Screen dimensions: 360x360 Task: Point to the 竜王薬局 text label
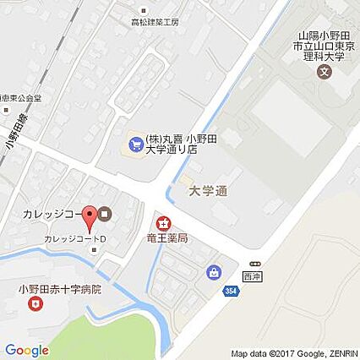tap(165, 239)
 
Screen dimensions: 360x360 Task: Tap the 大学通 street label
tap(207, 191)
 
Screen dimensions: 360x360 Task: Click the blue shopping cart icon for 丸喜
tap(134, 142)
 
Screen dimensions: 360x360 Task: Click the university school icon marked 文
tap(325, 71)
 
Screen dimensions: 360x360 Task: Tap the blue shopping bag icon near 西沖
tap(212, 272)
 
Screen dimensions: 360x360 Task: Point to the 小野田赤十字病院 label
tap(60, 288)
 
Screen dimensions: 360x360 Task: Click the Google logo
tap(26, 350)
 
